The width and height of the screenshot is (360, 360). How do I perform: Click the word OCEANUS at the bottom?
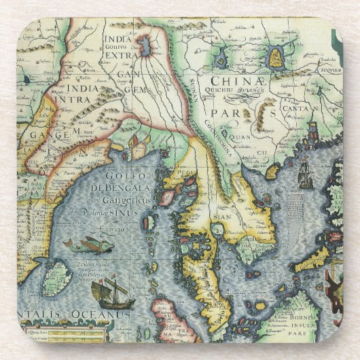(x=103, y=314)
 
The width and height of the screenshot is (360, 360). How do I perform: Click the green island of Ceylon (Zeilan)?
(x=58, y=276)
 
